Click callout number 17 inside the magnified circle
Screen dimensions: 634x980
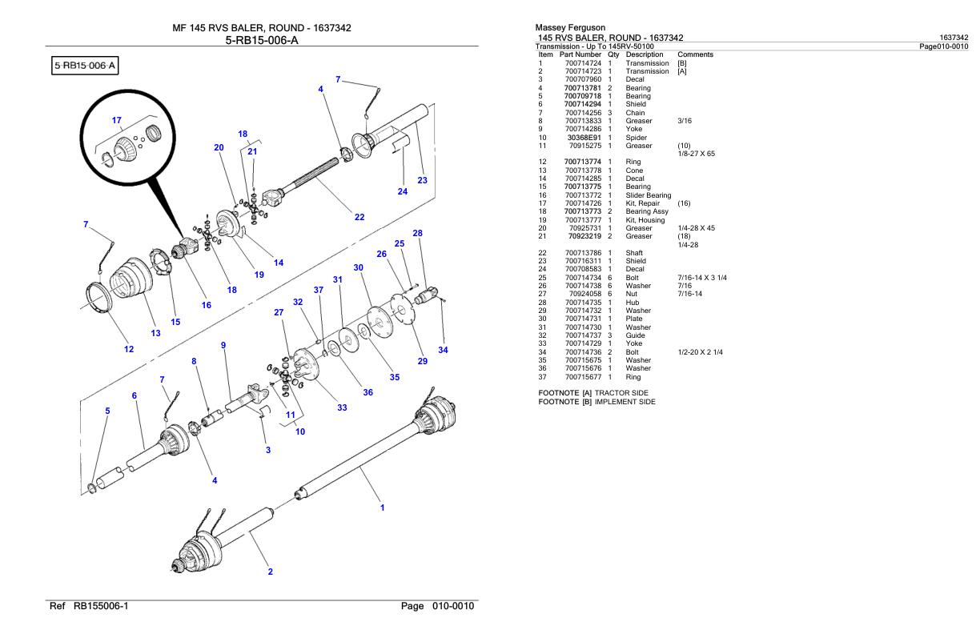click(117, 120)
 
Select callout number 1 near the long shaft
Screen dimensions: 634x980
click(382, 507)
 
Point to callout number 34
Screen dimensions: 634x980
click(443, 350)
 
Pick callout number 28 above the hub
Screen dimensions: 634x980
click(417, 233)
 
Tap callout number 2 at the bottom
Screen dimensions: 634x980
click(270, 572)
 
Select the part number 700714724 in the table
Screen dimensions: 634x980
click(583, 62)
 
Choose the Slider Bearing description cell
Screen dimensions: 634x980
click(649, 195)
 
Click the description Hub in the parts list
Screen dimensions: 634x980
click(633, 303)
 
